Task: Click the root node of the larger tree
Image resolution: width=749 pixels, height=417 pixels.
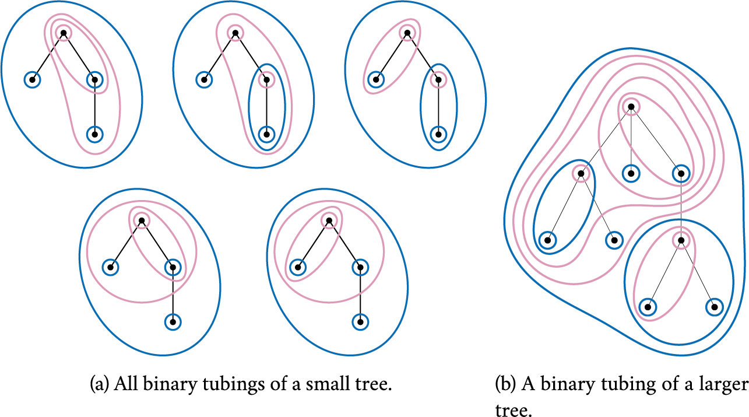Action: tap(630, 106)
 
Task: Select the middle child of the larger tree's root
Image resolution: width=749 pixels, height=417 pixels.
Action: tap(631, 173)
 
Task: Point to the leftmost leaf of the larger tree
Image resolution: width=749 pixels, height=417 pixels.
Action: tap(547, 240)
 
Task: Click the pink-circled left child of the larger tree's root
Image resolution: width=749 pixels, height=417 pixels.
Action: tap(581, 173)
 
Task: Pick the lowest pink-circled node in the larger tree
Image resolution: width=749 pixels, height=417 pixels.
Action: tap(680, 240)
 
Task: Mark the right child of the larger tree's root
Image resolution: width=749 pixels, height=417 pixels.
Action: tap(680, 173)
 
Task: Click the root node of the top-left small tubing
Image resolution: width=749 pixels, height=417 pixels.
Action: tap(63, 33)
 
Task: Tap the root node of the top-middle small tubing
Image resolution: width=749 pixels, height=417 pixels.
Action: tap(235, 33)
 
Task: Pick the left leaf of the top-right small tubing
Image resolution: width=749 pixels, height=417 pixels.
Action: tap(376, 79)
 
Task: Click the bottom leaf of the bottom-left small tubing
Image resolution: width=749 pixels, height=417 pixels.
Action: tap(173, 321)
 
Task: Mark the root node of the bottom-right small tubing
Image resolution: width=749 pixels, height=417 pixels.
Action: tap(329, 220)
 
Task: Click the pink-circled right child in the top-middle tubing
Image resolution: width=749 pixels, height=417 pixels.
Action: tap(266, 79)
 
